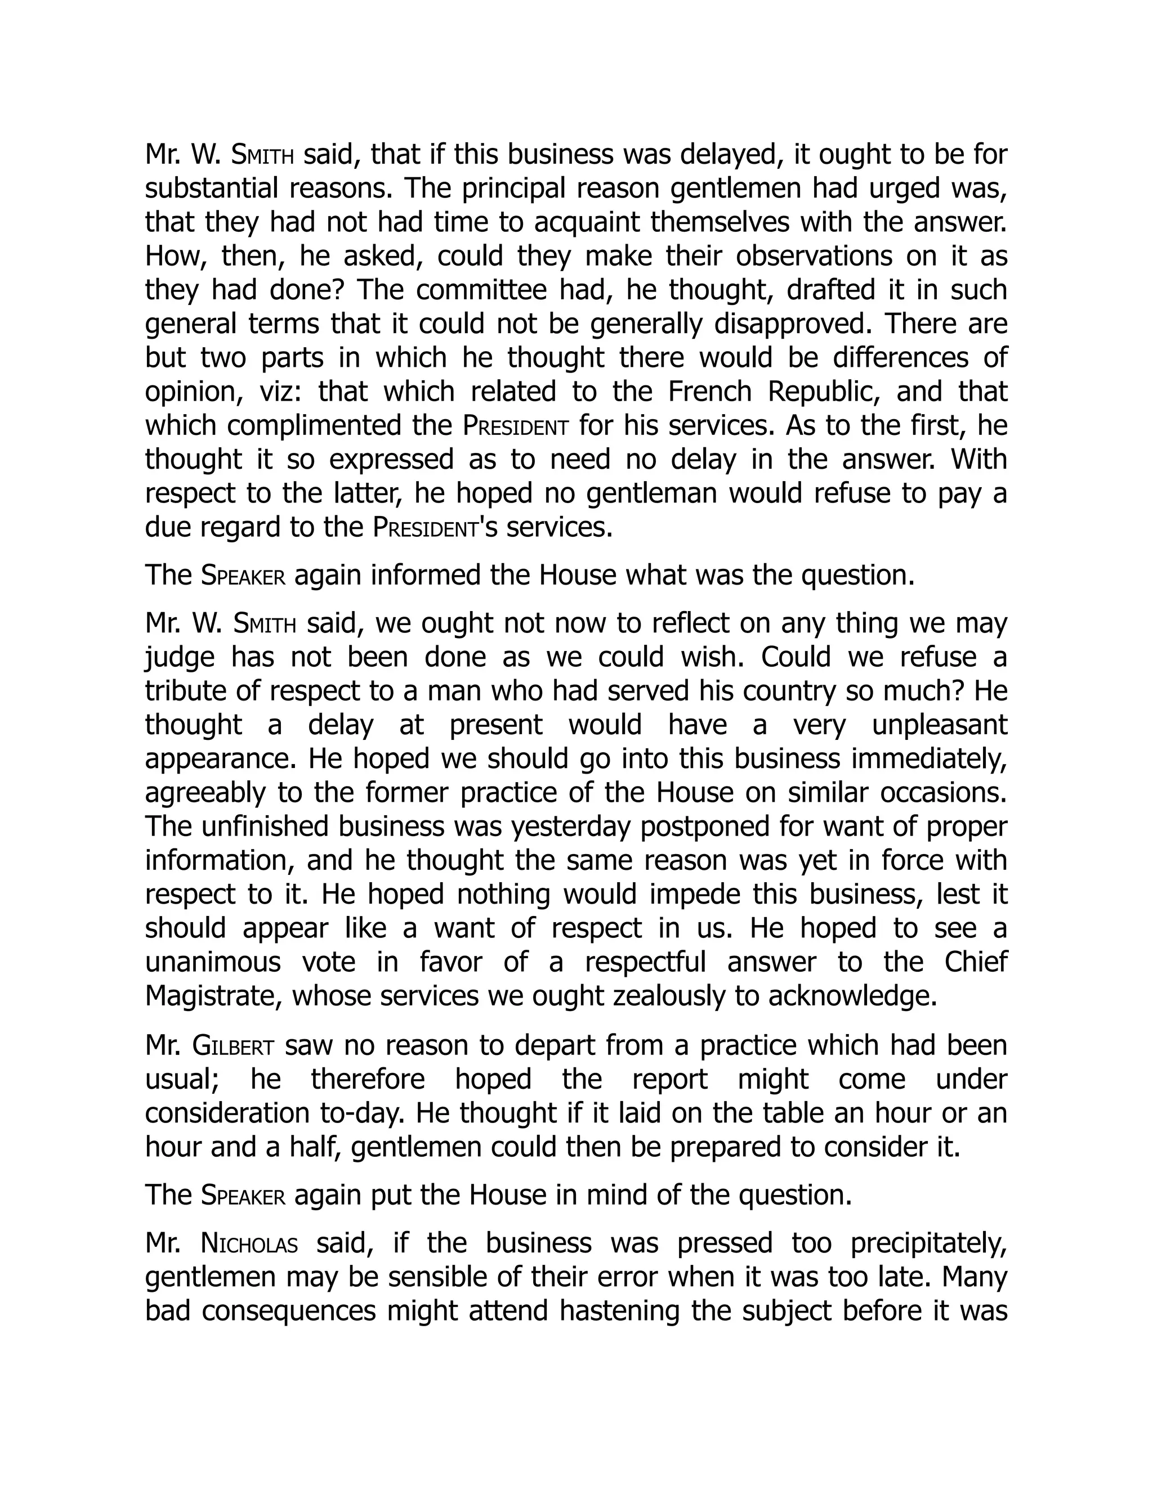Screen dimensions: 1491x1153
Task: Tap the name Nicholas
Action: pyautogui.click(x=249, y=1243)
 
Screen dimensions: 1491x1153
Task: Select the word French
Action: pyautogui.click(x=711, y=391)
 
